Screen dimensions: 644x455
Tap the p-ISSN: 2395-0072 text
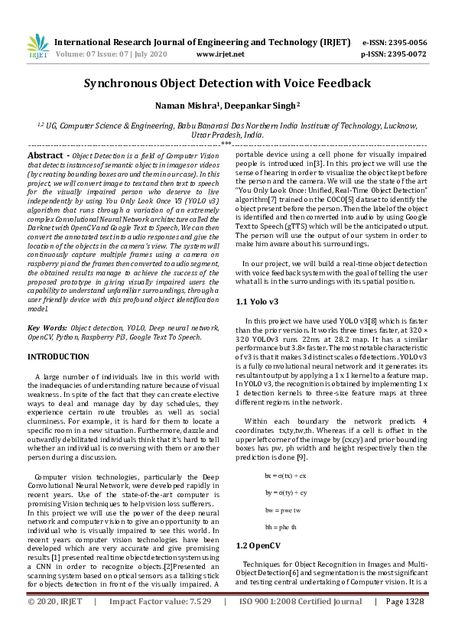(x=394, y=54)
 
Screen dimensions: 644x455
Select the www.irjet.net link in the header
(x=220, y=54)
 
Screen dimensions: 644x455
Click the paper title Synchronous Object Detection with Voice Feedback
(x=227, y=83)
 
